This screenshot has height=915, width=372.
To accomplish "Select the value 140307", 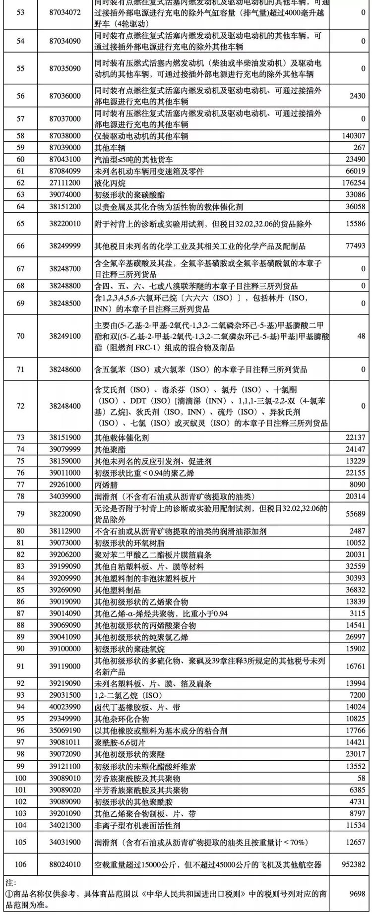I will click(x=354, y=136).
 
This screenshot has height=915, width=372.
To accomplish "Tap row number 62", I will click(x=20, y=183).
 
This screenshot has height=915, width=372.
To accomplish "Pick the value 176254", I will click(x=354, y=183).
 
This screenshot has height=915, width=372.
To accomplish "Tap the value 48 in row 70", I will click(x=361, y=336).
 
